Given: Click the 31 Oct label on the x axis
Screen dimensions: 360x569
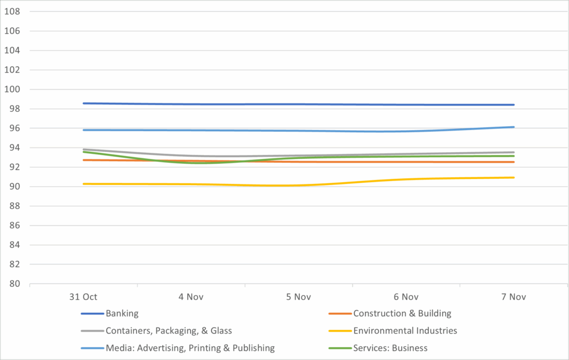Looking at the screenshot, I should pyautogui.click(x=83, y=297).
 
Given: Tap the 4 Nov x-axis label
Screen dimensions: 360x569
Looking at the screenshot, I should pyautogui.click(x=191, y=297).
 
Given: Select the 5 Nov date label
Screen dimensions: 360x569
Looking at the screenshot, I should pyautogui.click(x=298, y=297).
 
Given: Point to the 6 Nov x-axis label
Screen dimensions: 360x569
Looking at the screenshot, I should pyautogui.click(x=406, y=297).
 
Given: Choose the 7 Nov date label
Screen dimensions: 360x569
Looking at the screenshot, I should pyautogui.click(x=513, y=297).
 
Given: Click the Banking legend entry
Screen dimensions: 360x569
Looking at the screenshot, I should pyautogui.click(x=122, y=313).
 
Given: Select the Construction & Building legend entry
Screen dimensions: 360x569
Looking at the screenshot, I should pyautogui.click(x=402, y=313).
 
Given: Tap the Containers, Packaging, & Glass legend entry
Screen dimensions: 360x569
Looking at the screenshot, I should pyautogui.click(x=168, y=331).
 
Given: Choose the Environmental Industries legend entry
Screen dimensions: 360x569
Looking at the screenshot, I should pyautogui.click(x=405, y=331).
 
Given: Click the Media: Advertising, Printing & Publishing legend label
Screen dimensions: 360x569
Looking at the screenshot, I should pyautogui.click(x=190, y=348).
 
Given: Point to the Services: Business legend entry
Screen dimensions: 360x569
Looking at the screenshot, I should pyautogui.click(x=390, y=348).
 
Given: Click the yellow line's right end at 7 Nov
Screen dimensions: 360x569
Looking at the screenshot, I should pyautogui.click(x=513, y=178).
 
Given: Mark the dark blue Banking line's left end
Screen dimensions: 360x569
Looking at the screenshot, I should pyautogui.click(x=83, y=103).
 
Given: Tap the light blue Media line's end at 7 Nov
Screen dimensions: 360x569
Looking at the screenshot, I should pyautogui.click(x=513, y=127).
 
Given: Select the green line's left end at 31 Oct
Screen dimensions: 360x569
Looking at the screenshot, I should pyautogui.click(x=83, y=152).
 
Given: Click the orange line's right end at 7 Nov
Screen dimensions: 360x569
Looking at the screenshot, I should pyautogui.click(x=513, y=162).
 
